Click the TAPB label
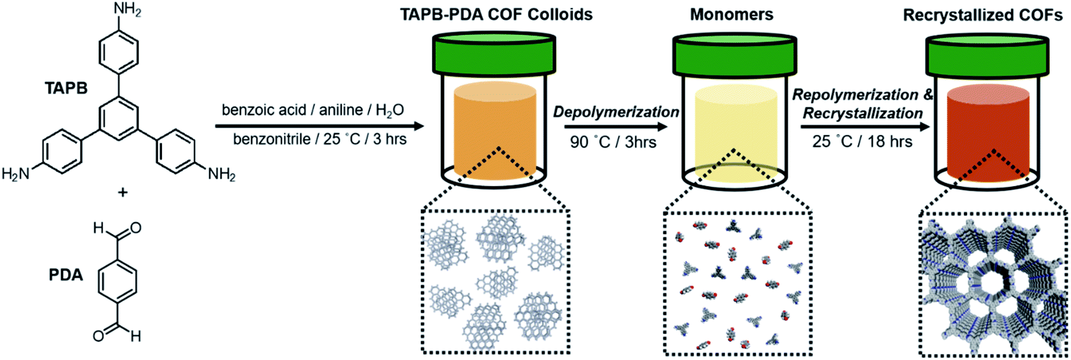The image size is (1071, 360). click(x=66, y=88)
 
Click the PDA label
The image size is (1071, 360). click(x=66, y=275)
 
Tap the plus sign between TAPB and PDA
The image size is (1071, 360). click(x=123, y=192)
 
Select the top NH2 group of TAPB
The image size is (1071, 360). click(x=127, y=10)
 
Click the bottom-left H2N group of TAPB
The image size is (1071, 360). click(x=16, y=174)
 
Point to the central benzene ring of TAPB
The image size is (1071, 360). click(x=118, y=118)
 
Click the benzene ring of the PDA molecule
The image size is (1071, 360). click(x=118, y=282)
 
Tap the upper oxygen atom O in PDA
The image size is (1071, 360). click(x=136, y=228)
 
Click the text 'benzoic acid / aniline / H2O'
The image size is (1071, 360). click(x=313, y=110)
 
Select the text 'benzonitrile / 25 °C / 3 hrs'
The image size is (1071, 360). click(x=319, y=139)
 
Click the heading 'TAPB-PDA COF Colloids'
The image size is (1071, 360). click(x=496, y=14)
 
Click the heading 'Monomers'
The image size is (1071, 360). click(x=732, y=14)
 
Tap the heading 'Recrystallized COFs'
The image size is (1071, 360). click(x=983, y=15)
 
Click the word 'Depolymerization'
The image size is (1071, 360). click(x=616, y=112)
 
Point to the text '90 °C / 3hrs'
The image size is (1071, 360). click(x=613, y=143)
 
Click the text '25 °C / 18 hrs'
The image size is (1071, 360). click(x=862, y=142)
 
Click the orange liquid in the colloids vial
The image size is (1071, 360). click(x=495, y=131)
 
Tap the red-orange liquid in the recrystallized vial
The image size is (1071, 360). click(x=988, y=134)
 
